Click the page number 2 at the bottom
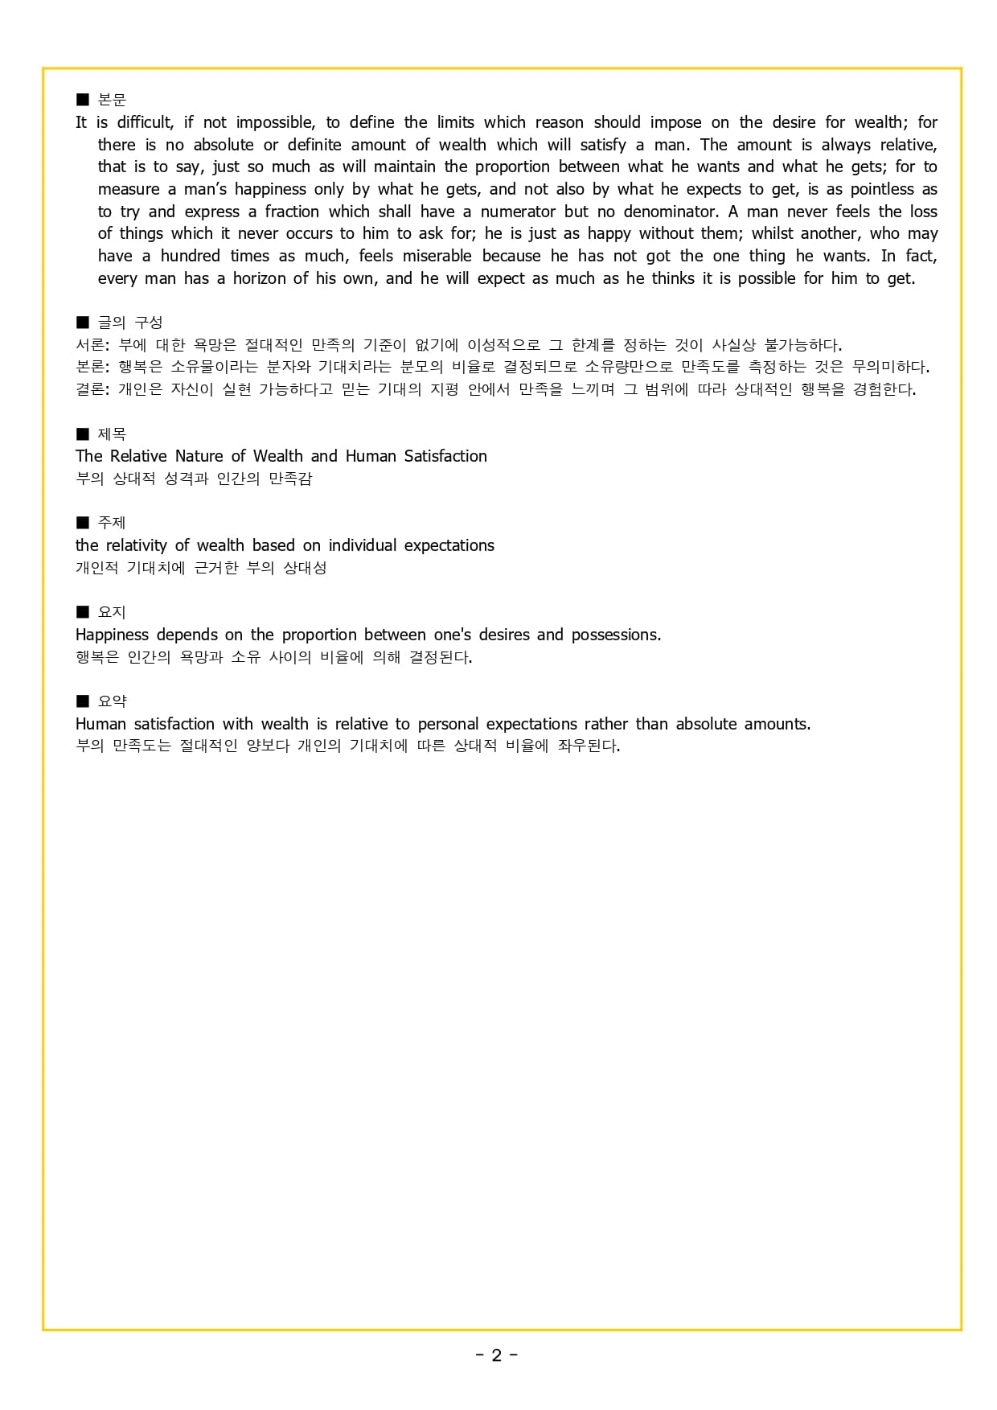[x=496, y=1355]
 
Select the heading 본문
[x=112, y=100]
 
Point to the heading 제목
[x=112, y=434]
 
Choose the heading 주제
[x=112, y=523]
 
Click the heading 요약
[x=112, y=701]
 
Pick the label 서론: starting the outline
[x=92, y=345]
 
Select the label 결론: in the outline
[x=92, y=389]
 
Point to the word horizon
[x=259, y=278]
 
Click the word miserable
[x=437, y=256]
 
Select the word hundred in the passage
[x=190, y=256]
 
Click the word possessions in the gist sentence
[x=615, y=635]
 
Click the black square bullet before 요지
[x=82, y=612]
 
